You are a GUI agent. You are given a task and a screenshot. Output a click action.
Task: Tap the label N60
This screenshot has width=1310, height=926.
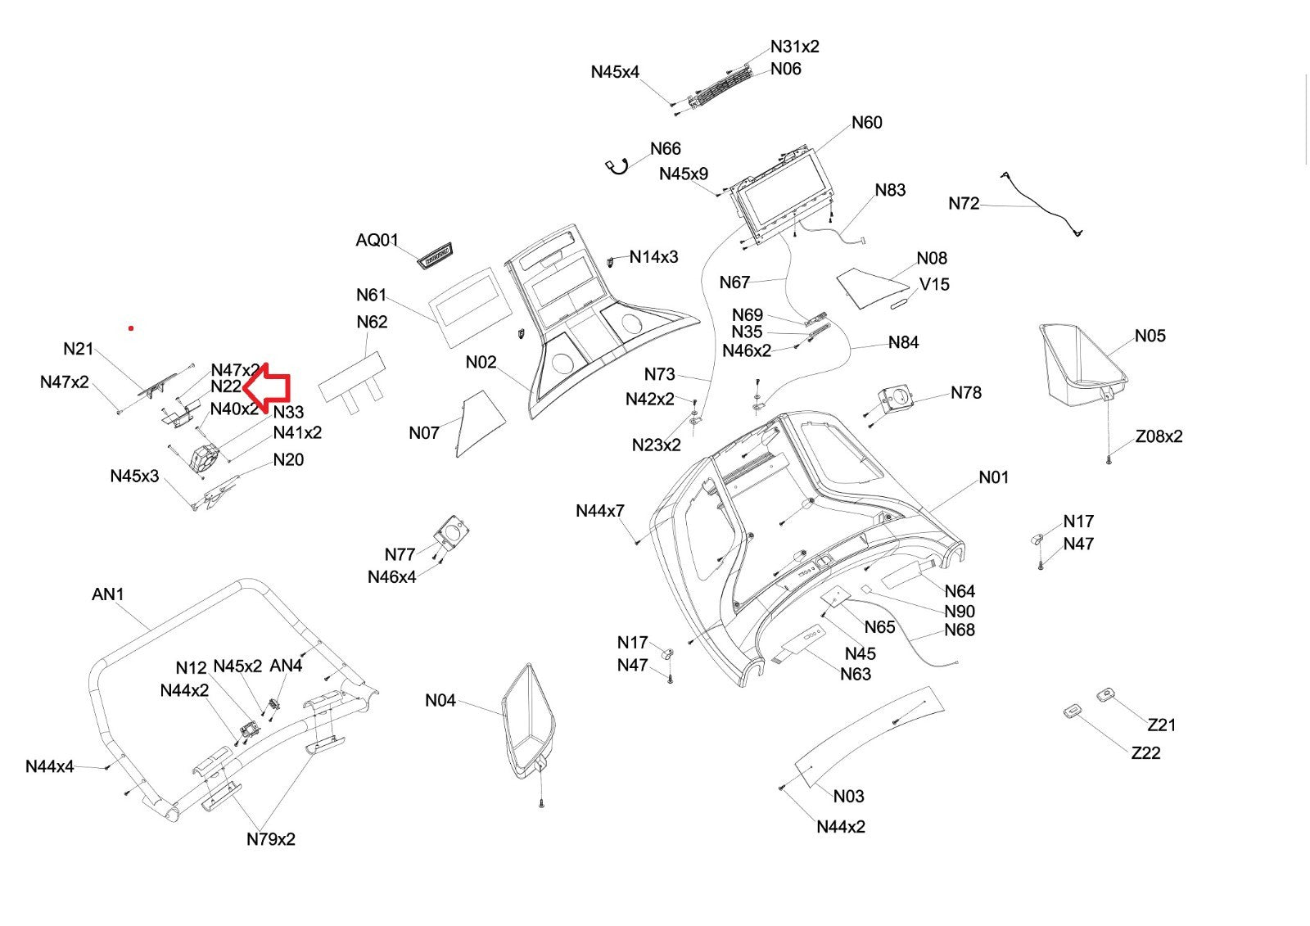click(866, 123)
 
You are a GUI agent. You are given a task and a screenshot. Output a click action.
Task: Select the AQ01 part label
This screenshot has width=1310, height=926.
click(377, 241)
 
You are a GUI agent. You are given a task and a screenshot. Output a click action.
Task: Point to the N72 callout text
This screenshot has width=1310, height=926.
click(964, 204)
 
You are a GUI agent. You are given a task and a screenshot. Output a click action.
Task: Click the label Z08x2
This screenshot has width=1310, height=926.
click(1159, 436)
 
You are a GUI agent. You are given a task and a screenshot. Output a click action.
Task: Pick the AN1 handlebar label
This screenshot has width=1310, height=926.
click(108, 594)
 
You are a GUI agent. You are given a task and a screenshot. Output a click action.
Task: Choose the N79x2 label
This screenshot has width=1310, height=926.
click(271, 839)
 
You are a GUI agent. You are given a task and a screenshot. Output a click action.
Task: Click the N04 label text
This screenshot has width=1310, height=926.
click(440, 701)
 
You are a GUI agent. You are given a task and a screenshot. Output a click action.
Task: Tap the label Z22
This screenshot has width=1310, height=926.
click(1145, 753)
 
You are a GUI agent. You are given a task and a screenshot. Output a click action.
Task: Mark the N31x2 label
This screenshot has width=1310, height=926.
click(794, 47)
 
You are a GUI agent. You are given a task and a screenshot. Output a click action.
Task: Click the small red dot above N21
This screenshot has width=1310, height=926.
click(131, 328)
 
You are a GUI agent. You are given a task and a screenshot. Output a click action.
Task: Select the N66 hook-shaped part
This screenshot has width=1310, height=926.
click(617, 166)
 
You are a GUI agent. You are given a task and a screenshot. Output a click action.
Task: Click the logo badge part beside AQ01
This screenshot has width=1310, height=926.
click(436, 255)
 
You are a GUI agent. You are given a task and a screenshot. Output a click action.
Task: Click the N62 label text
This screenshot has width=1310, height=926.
click(372, 323)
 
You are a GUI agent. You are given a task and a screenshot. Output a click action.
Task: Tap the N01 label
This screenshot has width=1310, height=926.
click(994, 477)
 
